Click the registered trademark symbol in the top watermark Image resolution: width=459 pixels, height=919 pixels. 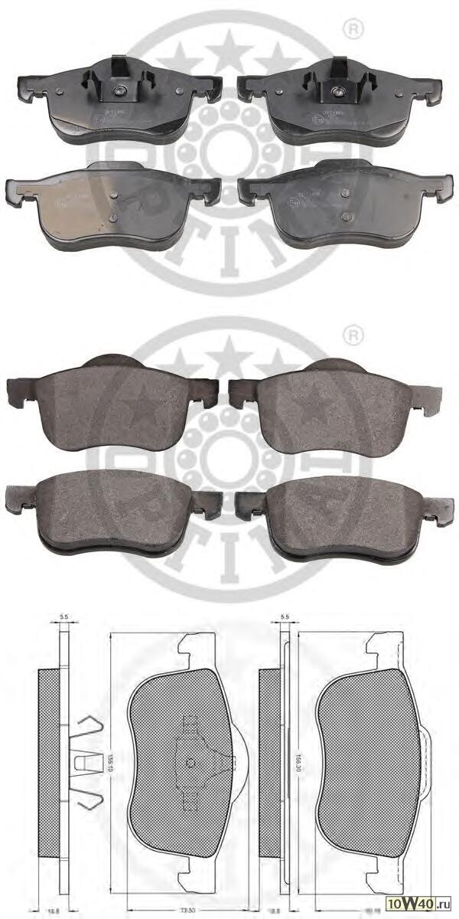coord(353,30)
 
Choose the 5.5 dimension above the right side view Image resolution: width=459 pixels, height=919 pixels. coord(285,615)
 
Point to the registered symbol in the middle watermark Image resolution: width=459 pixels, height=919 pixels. coord(353,335)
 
